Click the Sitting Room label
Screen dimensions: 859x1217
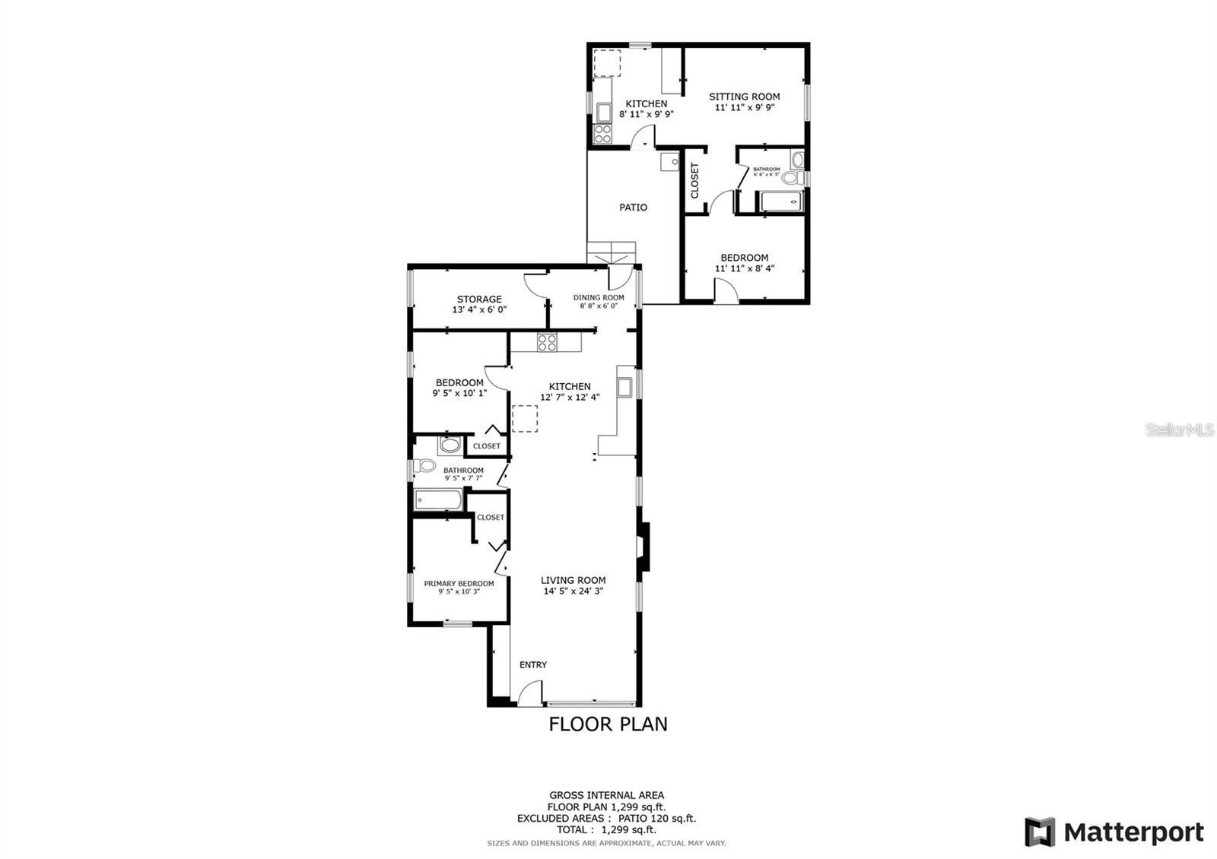pyautogui.click(x=744, y=97)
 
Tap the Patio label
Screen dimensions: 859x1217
pyautogui.click(x=633, y=207)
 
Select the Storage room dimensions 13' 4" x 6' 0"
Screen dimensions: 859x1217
pyautogui.click(x=479, y=310)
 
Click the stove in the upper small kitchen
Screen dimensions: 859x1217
pyautogui.click(x=602, y=135)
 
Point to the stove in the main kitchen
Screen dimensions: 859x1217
pyautogui.click(x=547, y=342)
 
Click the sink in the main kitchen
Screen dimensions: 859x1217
pyautogui.click(x=625, y=387)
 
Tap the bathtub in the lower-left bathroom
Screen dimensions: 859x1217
pyautogui.click(x=439, y=500)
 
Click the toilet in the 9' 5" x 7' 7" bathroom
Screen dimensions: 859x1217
pyautogui.click(x=426, y=465)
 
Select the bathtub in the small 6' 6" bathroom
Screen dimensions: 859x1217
pyautogui.click(x=779, y=202)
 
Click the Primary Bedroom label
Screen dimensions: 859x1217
pyautogui.click(x=459, y=583)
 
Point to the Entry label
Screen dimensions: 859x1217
pyautogui.click(x=532, y=664)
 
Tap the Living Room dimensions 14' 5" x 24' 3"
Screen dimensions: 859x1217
pyautogui.click(x=573, y=591)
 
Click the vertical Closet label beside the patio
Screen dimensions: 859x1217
pyautogui.click(x=694, y=180)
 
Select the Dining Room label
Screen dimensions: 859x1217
pyautogui.click(x=599, y=297)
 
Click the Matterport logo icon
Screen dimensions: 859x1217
pyautogui.click(x=1040, y=832)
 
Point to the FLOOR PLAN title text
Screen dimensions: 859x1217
pyautogui.click(x=608, y=724)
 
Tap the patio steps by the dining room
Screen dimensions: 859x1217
pyautogui.click(x=611, y=250)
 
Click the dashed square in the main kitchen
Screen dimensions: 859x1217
pyautogui.click(x=525, y=419)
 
